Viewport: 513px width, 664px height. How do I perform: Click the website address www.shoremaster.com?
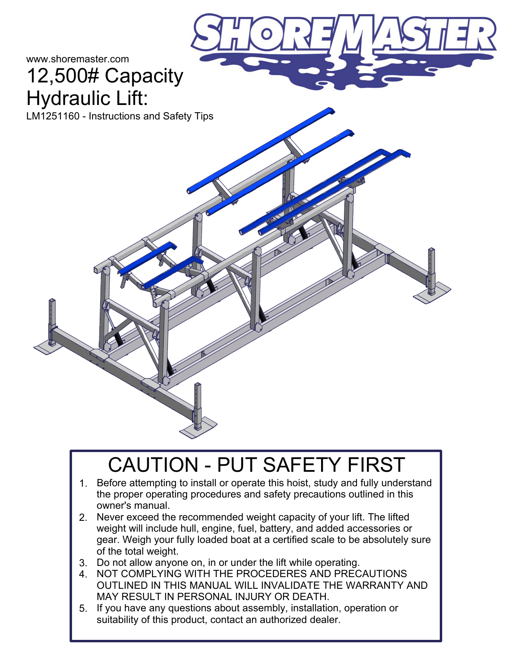(77, 59)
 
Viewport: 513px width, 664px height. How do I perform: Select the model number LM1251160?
(53, 116)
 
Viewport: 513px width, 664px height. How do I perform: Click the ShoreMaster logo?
(344, 48)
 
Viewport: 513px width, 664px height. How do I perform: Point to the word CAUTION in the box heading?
(153, 465)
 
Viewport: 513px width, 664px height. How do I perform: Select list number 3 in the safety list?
(83, 563)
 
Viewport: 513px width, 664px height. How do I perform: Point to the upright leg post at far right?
(431, 267)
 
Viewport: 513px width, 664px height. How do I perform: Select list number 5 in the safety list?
(83, 608)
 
